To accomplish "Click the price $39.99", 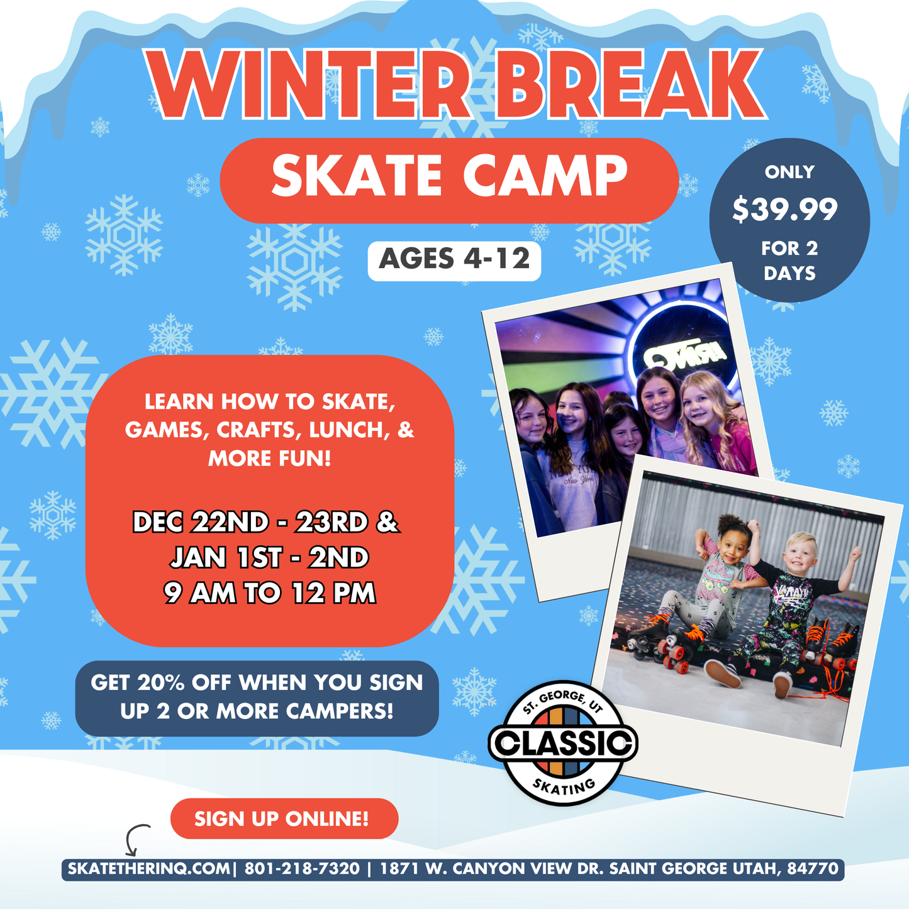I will [x=785, y=209].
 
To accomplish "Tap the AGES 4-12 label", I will [x=454, y=259].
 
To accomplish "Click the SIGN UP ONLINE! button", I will [x=282, y=818].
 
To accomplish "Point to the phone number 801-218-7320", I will [x=302, y=869].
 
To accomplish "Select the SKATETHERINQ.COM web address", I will [x=148, y=869].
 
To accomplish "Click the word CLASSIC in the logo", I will [x=563, y=743].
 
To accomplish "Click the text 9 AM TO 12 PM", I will [x=269, y=593].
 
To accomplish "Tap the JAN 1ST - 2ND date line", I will [x=269, y=557].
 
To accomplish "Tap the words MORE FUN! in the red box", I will [x=269, y=458].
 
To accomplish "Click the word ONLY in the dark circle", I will [x=789, y=172].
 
